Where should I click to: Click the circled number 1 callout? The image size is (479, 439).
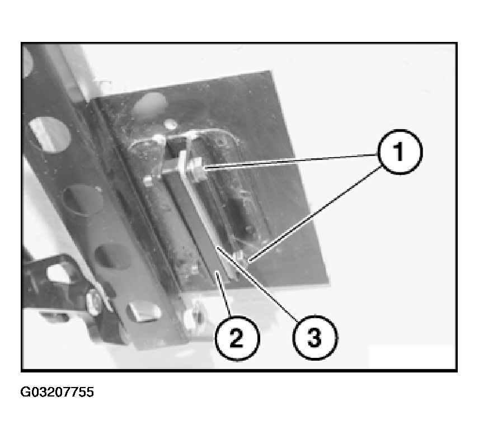pyautogui.click(x=400, y=152)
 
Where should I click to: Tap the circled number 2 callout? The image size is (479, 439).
pyautogui.click(x=237, y=338)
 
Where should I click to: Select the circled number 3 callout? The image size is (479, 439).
pyautogui.click(x=315, y=338)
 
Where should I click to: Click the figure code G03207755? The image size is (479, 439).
pyautogui.click(x=57, y=392)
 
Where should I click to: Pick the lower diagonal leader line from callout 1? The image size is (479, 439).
pyautogui.click(x=315, y=214)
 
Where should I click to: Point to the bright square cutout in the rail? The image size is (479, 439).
pyautogui.click(x=144, y=312)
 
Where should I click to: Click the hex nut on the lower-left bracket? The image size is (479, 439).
pyautogui.click(x=94, y=301)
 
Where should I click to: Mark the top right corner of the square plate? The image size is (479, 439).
pyautogui.click(x=271, y=72)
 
